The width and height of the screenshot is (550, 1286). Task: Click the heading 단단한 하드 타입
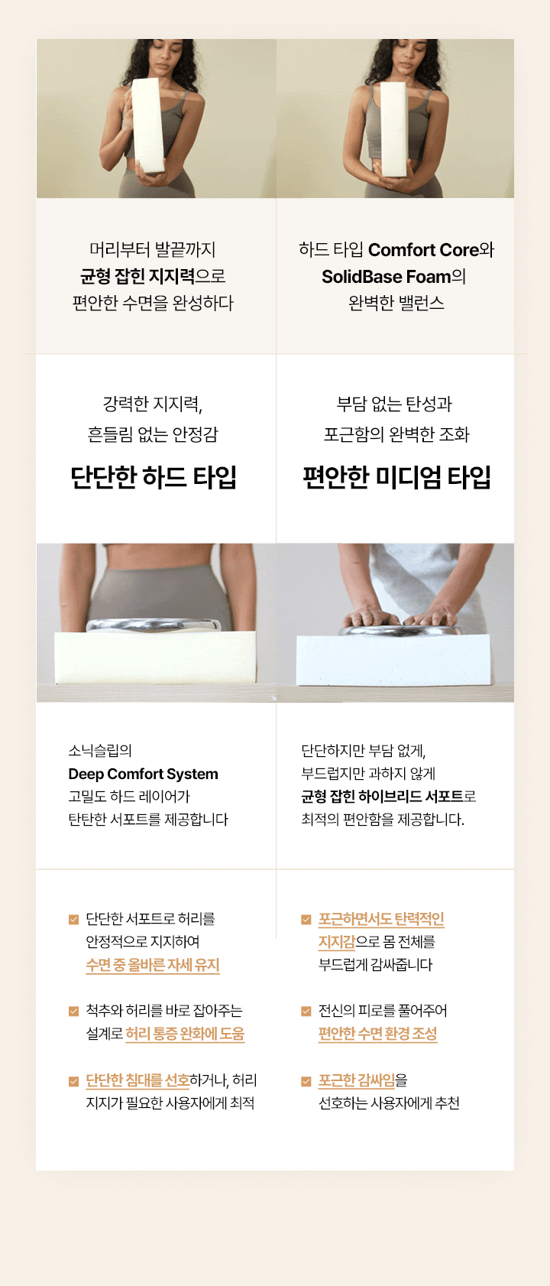(x=153, y=478)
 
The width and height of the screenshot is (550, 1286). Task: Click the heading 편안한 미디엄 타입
(x=396, y=478)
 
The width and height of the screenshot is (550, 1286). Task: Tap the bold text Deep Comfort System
(x=144, y=774)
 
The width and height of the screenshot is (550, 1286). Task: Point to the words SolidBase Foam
(x=386, y=277)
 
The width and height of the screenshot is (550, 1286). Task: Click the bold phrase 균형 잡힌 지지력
(x=137, y=277)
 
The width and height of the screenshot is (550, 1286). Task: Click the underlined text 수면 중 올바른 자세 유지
(x=153, y=965)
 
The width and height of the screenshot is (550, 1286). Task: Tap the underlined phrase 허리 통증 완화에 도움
(x=185, y=1034)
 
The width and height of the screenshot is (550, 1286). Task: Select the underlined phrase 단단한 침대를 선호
(x=137, y=1080)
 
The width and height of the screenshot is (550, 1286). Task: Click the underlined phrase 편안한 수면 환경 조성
(x=378, y=1034)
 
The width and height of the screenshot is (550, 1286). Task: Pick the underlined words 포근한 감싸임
(x=357, y=1080)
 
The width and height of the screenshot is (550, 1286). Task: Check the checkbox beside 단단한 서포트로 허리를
(x=73, y=919)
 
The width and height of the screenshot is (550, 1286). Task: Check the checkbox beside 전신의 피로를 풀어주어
(x=306, y=1011)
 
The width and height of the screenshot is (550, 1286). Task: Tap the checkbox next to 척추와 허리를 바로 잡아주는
(x=73, y=1011)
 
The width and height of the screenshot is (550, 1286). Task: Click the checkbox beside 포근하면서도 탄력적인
(x=306, y=919)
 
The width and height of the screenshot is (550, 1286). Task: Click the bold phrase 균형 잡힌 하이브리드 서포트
(x=382, y=796)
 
